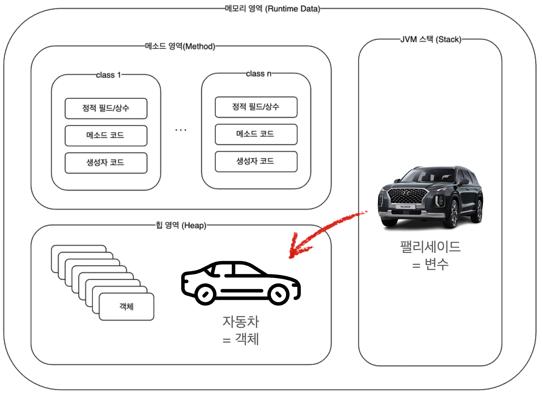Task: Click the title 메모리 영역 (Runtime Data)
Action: point(272,9)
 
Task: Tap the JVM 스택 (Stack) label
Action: point(431,39)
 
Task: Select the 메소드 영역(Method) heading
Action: point(180,46)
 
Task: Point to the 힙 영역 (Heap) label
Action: point(181,225)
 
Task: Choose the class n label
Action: point(259,74)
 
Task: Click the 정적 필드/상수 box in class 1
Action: point(106,108)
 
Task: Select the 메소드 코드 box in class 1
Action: point(106,135)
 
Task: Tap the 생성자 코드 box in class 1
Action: point(106,163)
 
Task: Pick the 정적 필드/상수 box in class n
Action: point(256,107)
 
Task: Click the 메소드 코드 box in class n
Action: point(256,134)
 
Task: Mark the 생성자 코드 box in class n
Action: point(256,161)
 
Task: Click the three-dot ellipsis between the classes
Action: point(181,130)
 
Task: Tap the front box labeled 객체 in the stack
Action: point(127,306)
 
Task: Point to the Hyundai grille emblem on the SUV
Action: point(406,193)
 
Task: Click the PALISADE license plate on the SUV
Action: point(405,207)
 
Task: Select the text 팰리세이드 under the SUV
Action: point(430,247)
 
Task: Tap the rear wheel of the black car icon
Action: point(205,294)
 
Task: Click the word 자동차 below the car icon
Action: point(241,321)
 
